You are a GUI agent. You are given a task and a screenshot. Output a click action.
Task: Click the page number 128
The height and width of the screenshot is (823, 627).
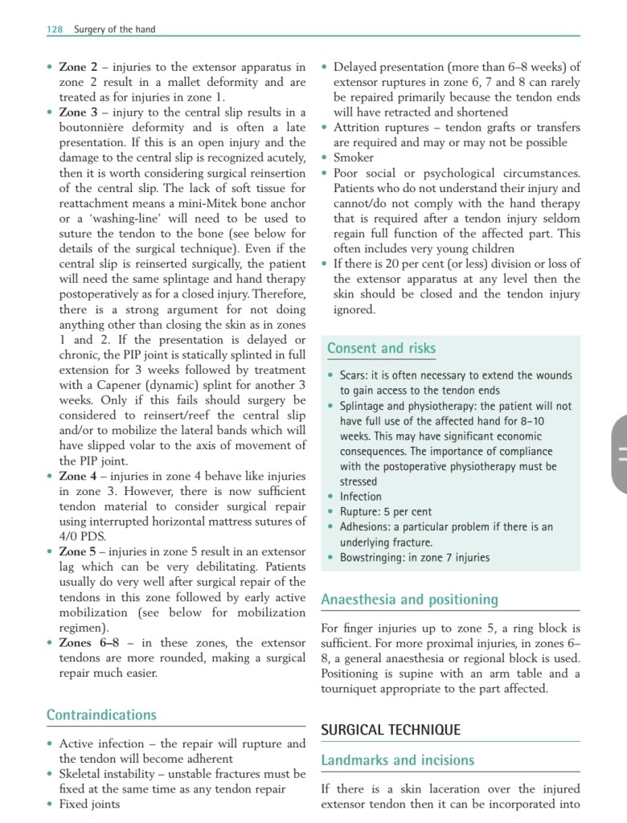pyautogui.click(x=55, y=30)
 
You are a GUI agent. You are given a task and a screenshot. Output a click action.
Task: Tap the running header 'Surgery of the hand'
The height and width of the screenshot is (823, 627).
pyautogui.click(x=115, y=30)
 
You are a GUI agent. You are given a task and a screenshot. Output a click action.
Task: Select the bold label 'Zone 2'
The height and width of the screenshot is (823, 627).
pyautogui.click(x=78, y=67)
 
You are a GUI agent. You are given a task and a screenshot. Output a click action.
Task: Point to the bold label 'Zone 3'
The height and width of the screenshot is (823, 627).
pyautogui.click(x=78, y=112)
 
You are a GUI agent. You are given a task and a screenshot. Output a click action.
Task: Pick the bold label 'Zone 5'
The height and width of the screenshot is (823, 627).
pyautogui.click(x=78, y=551)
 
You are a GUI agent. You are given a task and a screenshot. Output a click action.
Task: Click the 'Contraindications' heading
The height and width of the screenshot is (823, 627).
pyautogui.click(x=101, y=714)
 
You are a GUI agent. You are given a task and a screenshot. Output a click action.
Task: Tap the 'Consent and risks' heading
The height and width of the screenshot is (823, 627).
pyautogui.click(x=381, y=348)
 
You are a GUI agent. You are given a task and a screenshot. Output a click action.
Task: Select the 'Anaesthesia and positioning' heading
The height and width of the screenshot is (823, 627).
pyautogui.click(x=409, y=600)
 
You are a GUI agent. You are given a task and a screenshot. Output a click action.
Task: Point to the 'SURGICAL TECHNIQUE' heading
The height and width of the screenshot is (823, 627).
pyautogui.click(x=391, y=730)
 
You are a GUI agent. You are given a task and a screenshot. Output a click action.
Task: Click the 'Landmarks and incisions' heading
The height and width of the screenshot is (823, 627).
pyautogui.click(x=397, y=760)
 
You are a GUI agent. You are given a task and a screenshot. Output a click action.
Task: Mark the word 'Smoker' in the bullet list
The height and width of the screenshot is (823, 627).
pyautogui.click(x=354, y=158)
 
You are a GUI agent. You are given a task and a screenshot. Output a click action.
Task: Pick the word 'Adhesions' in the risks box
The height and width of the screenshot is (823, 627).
pyautogui.click(x=366, y=526)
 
